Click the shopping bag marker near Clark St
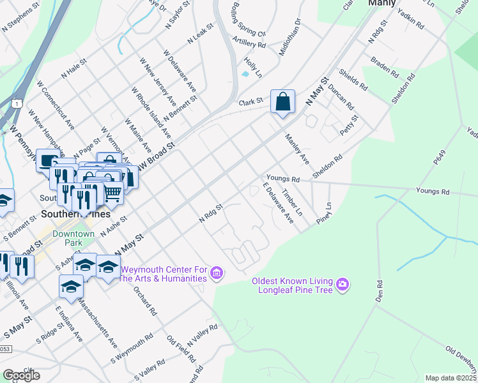282,102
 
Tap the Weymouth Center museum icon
217,274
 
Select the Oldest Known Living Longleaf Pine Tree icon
343,283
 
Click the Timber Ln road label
292,200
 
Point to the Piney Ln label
325,214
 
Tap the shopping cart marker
112,192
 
